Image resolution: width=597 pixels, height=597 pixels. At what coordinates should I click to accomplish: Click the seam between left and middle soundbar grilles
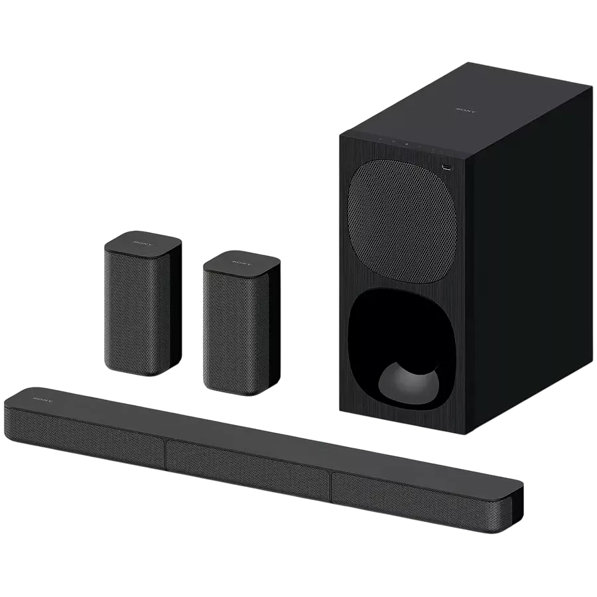(166, 451)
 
